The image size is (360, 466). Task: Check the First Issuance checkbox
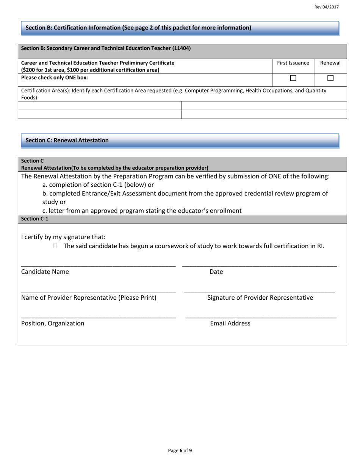[x=293, y=78]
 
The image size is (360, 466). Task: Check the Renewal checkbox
[x=330, y=78]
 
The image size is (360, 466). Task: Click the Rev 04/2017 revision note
[x=326, y=7]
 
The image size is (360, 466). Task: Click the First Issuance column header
[x=293, y=63]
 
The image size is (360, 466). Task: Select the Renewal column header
[x=330, y=63]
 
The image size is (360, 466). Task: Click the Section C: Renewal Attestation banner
[x=180, y=140]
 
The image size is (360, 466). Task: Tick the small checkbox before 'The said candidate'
[x=55, y=246]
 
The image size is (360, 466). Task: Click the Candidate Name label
[x=45, y=272]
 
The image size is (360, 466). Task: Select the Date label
[x=216, y=272]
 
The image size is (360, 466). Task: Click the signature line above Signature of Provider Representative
[x=259, y=291]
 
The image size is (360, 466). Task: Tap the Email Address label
[x=230, y=323]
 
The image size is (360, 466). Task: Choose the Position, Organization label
[x=53, y=323]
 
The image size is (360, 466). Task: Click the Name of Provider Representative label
[x=89, y=297]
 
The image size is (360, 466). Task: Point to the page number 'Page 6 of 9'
[x=180, y=450]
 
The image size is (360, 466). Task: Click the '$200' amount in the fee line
[x=29, y=70]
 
